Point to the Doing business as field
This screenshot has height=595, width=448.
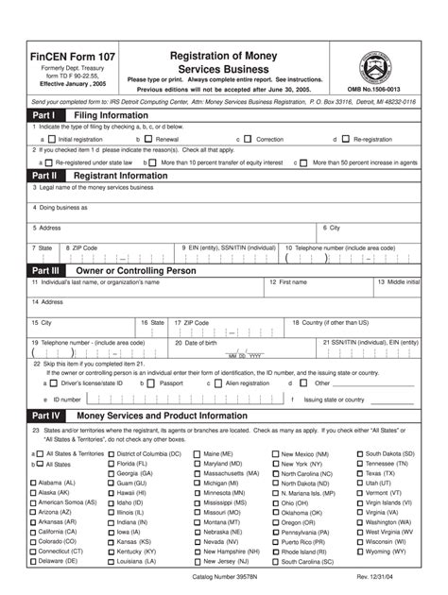click(224, 212)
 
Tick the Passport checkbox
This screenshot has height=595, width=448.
click(153, 383)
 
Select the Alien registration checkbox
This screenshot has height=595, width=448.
click(218, 383)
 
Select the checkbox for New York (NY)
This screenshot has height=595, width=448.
click(276, 465)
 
